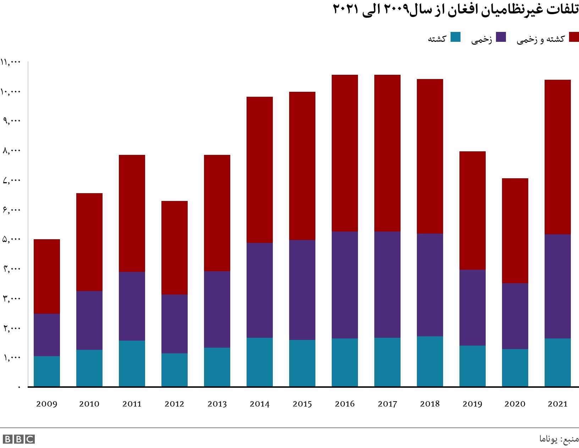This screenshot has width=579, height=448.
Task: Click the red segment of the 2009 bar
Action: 47,276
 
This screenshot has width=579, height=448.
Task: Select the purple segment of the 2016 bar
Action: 345,285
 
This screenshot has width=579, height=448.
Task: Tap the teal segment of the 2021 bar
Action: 558,362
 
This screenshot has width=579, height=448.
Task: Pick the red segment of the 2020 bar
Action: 515,231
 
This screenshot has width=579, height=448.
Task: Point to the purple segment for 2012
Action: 175,324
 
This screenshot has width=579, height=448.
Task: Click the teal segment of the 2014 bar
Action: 260,362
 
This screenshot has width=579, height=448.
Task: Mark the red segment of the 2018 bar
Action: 430,156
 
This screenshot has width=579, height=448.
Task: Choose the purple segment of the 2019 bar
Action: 473,308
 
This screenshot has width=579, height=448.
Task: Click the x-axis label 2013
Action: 217,404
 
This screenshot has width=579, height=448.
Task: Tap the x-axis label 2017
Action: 387,404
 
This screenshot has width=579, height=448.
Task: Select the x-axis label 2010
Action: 89,404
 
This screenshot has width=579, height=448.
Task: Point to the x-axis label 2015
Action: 302,404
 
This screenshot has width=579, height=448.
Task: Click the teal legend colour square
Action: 456,37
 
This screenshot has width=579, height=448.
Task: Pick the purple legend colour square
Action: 501,37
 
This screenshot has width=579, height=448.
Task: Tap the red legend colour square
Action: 574,37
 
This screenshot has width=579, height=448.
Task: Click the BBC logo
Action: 18,439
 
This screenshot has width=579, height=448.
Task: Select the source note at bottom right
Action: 558,439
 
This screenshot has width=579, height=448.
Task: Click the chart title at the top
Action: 456,10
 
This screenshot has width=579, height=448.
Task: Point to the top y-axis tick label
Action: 11,62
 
